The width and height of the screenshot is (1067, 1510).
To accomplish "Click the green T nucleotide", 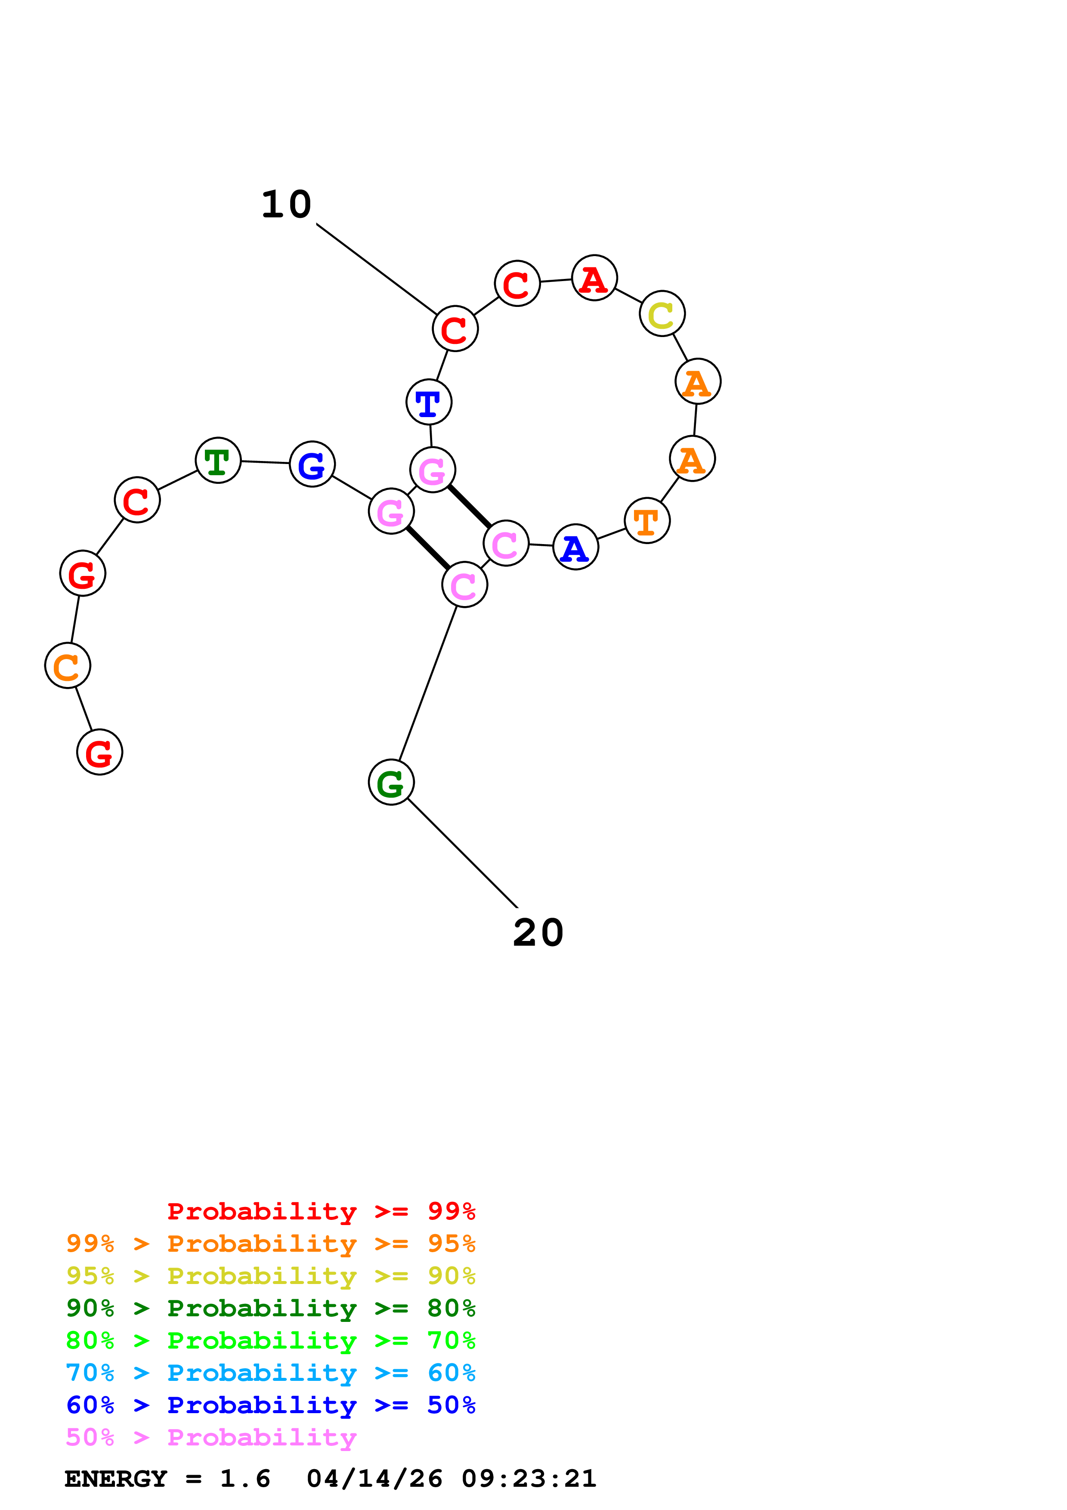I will pyautogui.click(x=218, y=461).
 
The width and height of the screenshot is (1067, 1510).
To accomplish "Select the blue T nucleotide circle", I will pyautogui.click(x=429, y=402).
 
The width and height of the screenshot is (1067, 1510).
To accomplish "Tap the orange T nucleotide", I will pyautogui.click(x=647, y=521).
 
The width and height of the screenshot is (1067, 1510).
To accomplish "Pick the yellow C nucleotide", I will pyautogui.click(x=662, y=314).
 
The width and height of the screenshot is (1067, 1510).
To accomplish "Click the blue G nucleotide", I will pyautogui.click(x=312, y=464).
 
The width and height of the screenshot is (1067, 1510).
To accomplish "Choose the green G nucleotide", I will pyautogui.click(x=391, y=782).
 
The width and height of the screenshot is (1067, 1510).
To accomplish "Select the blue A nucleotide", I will pyautogui.click(x=576, y=547).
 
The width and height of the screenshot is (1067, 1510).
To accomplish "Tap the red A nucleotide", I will pyautogui.click(x=594, y=278).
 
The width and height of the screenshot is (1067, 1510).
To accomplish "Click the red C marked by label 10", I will pyautogui.click(x=455, y=329).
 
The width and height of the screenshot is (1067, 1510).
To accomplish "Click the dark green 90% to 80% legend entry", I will pyautogui.click(x=270, y=1308).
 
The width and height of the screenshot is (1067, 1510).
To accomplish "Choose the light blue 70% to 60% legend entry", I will pyautogui.click(x=270, y=1373).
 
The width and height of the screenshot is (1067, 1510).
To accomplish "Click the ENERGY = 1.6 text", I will pyautogui.click(x=167, y=1479).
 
